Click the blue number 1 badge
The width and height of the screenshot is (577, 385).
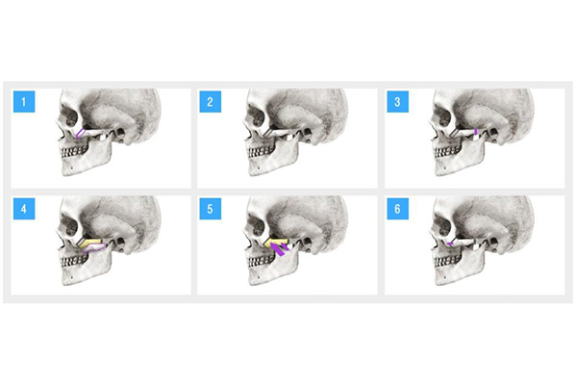(x=24, y=101)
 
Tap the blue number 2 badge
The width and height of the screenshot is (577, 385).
(x=210, y=101)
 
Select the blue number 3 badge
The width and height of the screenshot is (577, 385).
(x=397, y=101)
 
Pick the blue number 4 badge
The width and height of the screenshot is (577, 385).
(x=24, y=209)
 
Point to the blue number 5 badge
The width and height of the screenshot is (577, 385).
(x=210, y=209)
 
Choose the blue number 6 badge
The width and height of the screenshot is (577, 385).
(x=397, y=209)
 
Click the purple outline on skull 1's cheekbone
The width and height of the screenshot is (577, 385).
(x=80, y=134)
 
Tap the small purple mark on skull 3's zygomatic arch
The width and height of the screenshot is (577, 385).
(x=476, y=131)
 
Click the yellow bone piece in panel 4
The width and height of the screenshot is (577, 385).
(x=91, y=243)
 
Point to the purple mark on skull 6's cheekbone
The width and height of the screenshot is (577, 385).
(x=450, y=244)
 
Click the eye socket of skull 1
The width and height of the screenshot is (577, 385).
(x=70, y=115)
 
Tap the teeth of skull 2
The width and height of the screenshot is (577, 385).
(x=262, y=151)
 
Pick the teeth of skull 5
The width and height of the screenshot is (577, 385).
(x=262, y=259)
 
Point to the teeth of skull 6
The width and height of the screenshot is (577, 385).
(x=448, y=259)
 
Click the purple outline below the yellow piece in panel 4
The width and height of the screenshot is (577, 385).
(x=95, y=248)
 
